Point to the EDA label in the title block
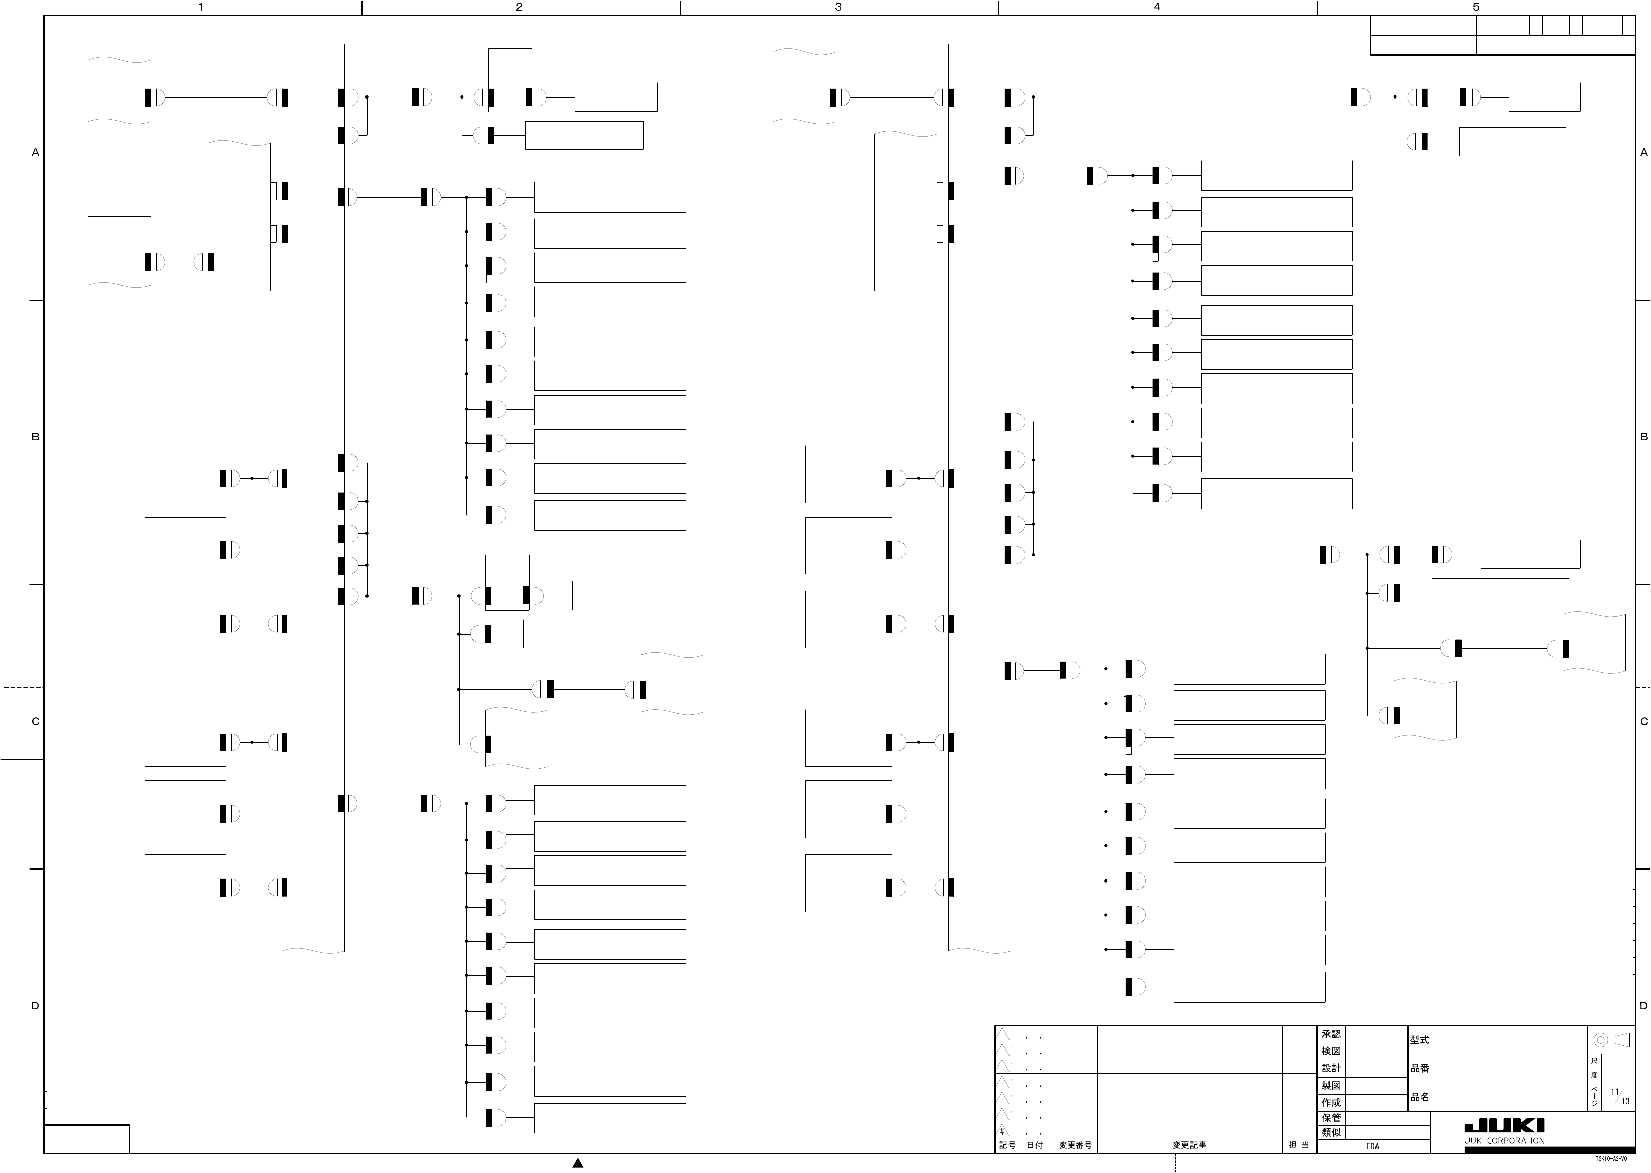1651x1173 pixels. [1372, 1146]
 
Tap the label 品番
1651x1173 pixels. [1419, 1068]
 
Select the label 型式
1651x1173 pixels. [1419, 1040]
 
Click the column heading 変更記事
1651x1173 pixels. [1189, 1145]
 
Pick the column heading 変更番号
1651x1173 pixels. [1076, 1145]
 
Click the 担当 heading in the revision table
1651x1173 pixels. [1299, 1145]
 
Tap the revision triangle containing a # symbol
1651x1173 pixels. [1003, 1130]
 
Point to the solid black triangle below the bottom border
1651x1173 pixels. [577, 1163]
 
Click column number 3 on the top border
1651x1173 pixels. [838, 7]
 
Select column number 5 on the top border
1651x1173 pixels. [1476, 7]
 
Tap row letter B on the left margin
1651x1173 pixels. [35, 437]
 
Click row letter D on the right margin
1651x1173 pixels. [1644, 1006]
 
